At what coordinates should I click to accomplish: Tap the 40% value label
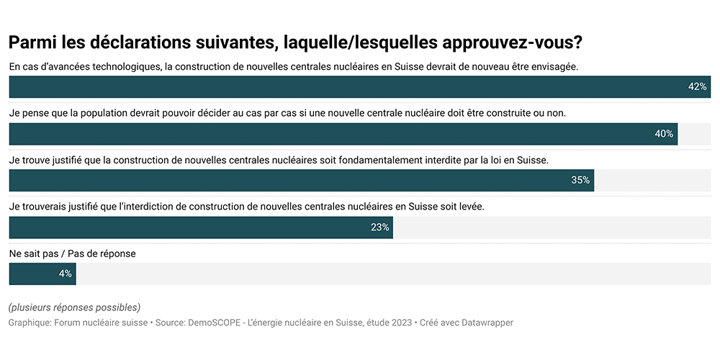tap(664, 134)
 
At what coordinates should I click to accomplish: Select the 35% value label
tap(580, 181)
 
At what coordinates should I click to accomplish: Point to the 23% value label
tap(380, 228)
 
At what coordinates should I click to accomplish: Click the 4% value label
tap(65, 274)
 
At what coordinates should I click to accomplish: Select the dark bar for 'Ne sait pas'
tap(42, 274)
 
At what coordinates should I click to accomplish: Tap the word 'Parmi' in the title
tap(33, 42)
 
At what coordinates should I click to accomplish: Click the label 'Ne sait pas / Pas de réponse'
tap(72, 253)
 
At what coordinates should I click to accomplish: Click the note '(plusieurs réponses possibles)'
tap(74, 307)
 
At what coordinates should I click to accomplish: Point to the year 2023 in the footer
tap(400, 323)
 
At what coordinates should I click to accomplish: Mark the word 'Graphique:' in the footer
tap(30, 323)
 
